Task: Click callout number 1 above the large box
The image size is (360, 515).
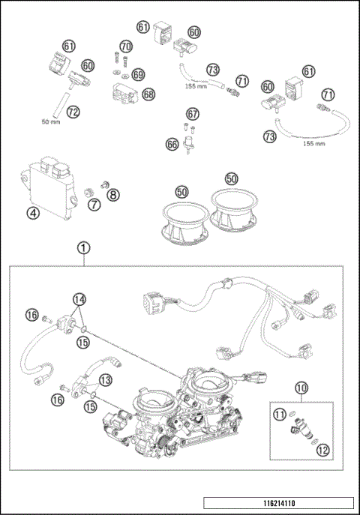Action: (x=84, y=247)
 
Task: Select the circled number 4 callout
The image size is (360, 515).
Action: (x=32, y=212)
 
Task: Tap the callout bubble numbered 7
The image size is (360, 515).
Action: (x=94, y=204)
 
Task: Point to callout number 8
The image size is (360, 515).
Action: (x=112, y=196)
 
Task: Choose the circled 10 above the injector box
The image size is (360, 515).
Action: (x=301, y=388)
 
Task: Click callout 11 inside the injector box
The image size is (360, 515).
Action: (x=279, y=413)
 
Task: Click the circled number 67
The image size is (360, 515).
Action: (x=193, y=114)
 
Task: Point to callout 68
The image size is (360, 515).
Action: (x=148, y=94)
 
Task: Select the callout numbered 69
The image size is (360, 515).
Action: (x=138, y=74)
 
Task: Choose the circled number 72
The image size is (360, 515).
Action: (x=72, y=112)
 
